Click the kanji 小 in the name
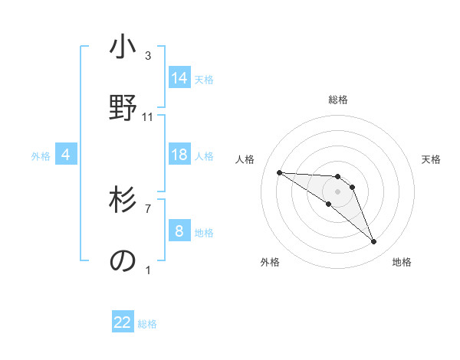pyautogui.click(x=123, y=47)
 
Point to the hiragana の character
pyautogui.click(x=123, y=260)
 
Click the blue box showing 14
pyautogui.click(x=179, y=78)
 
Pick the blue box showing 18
pyautogui.click(x=179, y=155)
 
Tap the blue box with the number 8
pyautogui.click(x=179, y=231)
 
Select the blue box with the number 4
pyautogui.click(x=66, y=155)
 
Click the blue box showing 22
pyautogui.click(x=123, y=322)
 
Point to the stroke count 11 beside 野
pyautogui.click(x=148, y=116)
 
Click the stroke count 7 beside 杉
pyautogui.click(x=148, y=208)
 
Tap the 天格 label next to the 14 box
pyautogui.click(x=204, y=79)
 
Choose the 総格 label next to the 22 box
pyautogui.click(x=147, y=323)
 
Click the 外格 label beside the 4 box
pyautogui.click(x=41, y=155)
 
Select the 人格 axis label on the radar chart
pyautogui.click(x=245, y=159)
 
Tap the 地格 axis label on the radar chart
pyautogui.click(x=402, y=262)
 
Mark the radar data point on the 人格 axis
pyautogui.click(x=279, y=172)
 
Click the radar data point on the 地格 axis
pyautogui.click(x=373, y=242)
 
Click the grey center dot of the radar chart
pyautogui.click(x=337, y=191)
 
